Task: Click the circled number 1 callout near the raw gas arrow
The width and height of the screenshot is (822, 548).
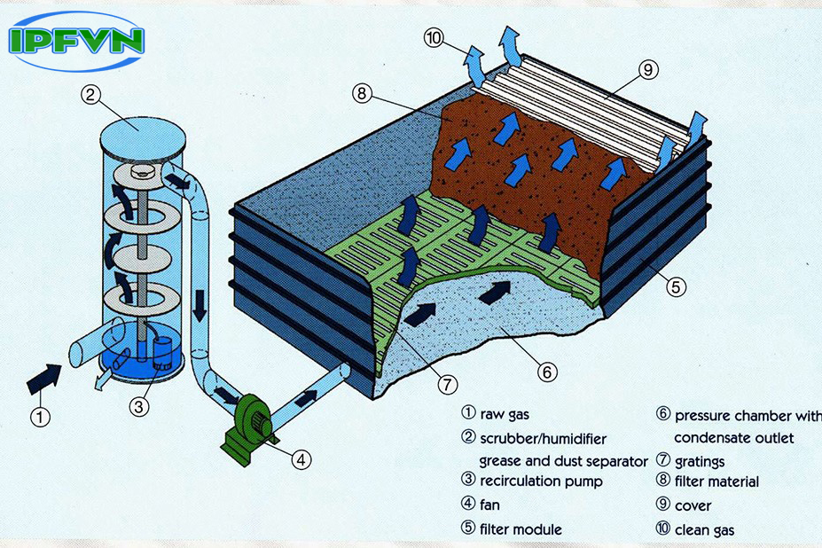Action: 41,415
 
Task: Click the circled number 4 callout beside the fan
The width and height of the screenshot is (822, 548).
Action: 302,458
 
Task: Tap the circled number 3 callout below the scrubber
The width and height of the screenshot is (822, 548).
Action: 137,407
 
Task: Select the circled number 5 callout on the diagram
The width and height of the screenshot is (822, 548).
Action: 675,287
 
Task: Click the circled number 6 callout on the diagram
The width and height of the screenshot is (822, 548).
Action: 548,372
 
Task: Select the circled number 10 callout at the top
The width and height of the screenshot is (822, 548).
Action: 434,39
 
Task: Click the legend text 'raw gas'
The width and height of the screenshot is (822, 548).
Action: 504,413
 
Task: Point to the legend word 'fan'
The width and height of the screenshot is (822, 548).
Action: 489,505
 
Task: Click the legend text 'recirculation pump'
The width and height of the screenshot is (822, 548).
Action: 540,481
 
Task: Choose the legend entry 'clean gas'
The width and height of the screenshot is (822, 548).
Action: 704,529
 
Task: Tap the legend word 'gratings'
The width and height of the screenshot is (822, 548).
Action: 700,461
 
